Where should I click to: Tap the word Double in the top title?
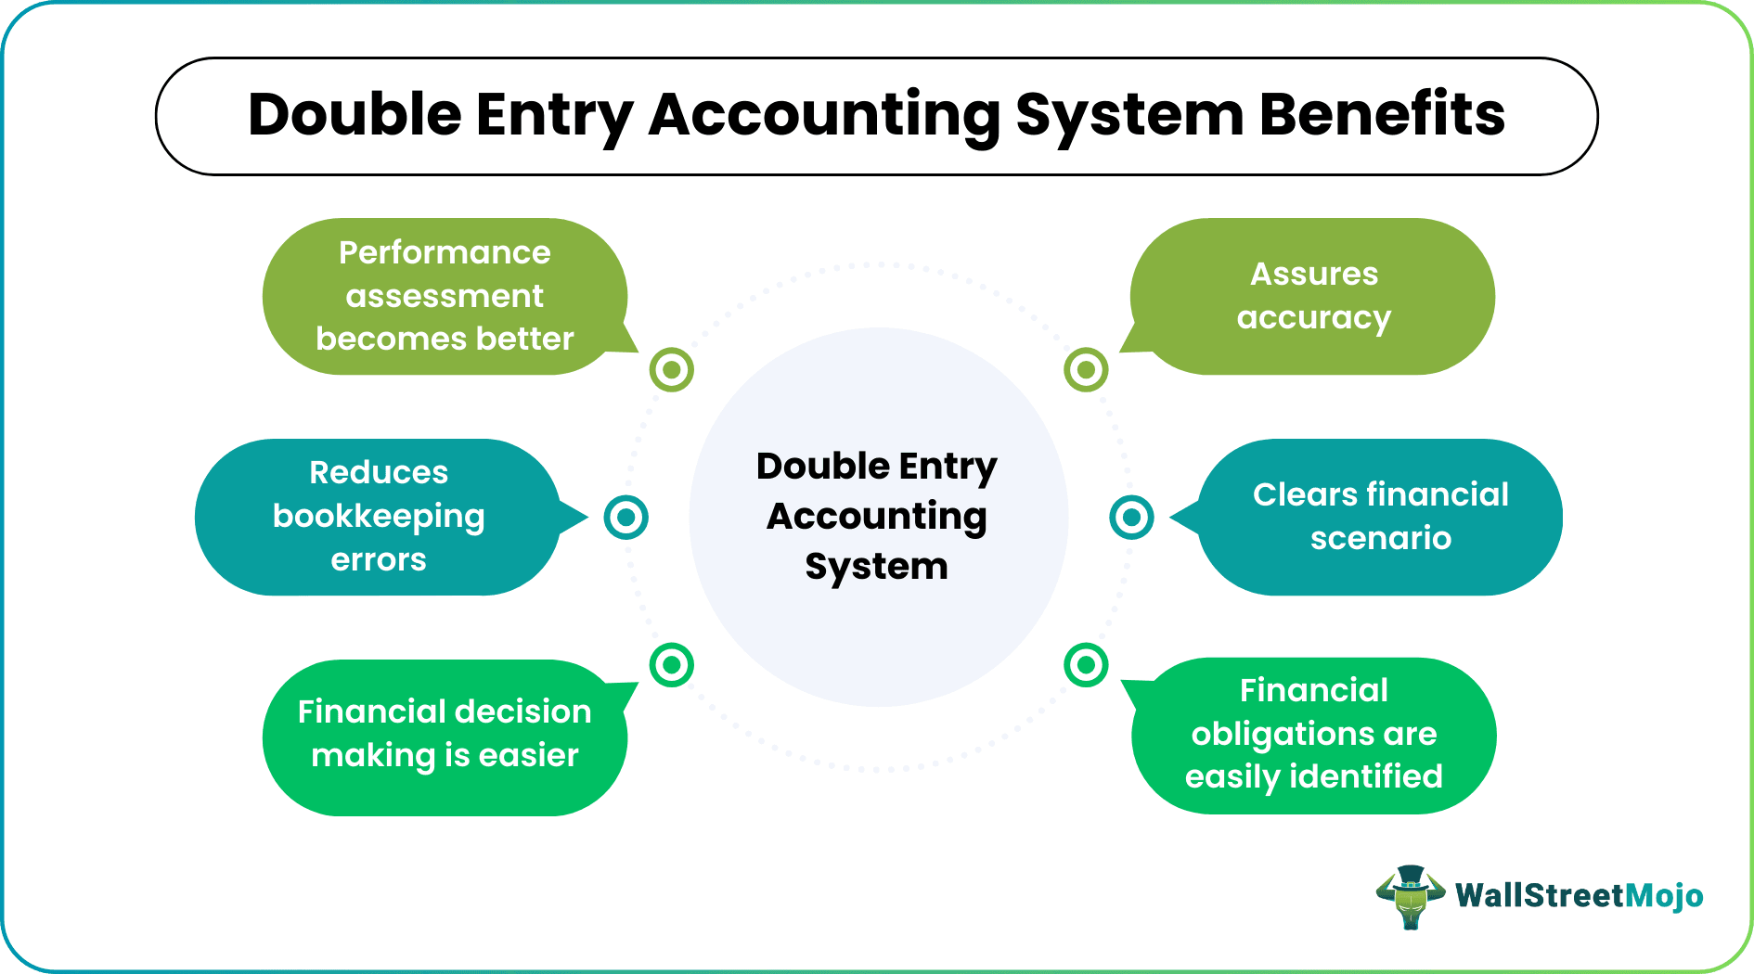point(355,115)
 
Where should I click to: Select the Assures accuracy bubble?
point(1312,297)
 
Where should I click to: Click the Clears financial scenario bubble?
point(1379,517)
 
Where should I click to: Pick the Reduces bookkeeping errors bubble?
point(379,517)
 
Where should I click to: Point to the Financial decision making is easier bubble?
point(444,737)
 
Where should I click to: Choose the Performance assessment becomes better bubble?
point(444,297)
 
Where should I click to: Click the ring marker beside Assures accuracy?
point(1086,370)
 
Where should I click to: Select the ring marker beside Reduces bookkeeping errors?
point(626,517)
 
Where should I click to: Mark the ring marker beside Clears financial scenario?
point(1131,517)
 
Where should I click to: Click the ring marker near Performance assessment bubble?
point(672,370)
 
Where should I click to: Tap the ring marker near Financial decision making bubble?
point(672,664)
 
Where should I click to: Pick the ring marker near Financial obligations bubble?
point(1086,664)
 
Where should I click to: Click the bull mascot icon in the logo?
point(1410,896)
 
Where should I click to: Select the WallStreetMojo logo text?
point(1579,896)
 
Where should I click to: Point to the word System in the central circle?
point(876,566)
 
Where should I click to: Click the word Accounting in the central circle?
point(876,516)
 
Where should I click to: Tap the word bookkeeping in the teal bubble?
point(379,517)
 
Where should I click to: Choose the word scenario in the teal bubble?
point(1380,538)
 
